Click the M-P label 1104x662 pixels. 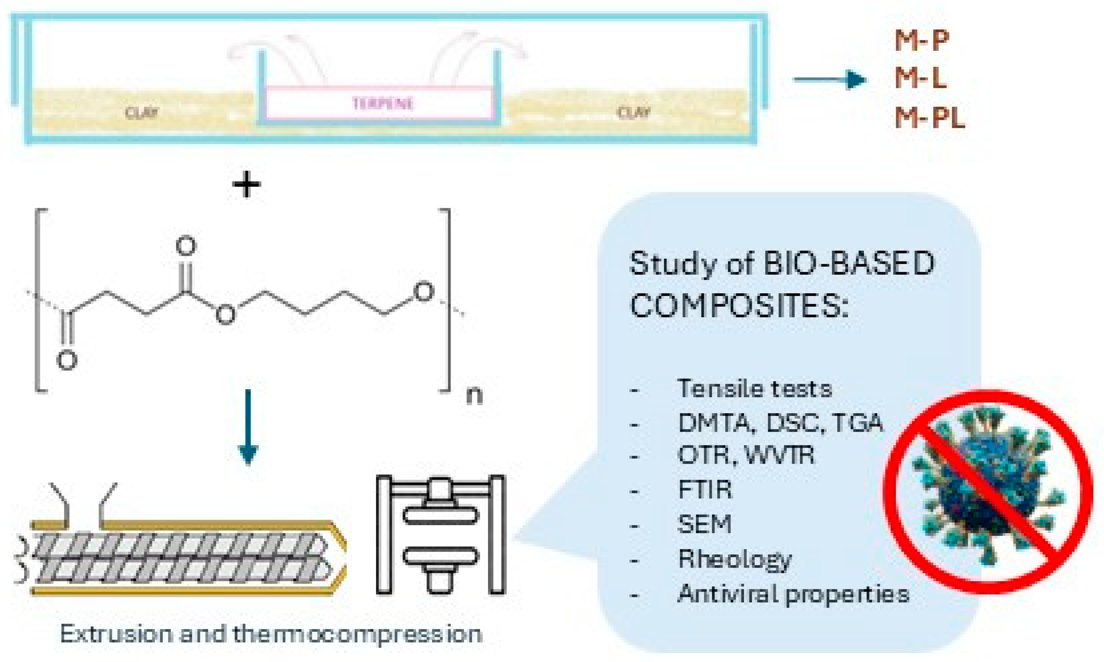pos(922,41)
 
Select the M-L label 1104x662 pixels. pos(920,79)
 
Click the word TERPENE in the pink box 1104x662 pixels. pos(383,104)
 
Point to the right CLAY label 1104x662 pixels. pos(633,113)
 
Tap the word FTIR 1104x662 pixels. pos(705,490)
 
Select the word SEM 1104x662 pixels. pos(704,524)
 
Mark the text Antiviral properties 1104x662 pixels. pos(793,594)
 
